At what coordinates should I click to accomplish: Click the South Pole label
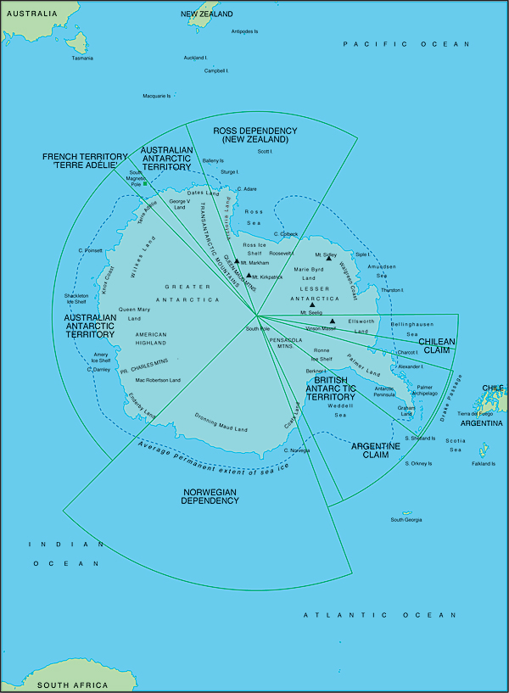tap(258, 328)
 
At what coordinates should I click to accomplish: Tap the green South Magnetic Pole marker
tap(145, 183)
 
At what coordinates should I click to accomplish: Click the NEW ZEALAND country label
tap(207, 14)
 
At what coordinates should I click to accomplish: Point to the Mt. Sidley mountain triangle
tap(329, 257)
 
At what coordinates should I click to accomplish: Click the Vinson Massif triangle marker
tap(332, 321)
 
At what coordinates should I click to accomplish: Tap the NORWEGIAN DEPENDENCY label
tap(209, 496)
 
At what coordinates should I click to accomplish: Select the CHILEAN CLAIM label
tap(437, 345)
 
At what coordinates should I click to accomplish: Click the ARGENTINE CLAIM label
tap(376, 450)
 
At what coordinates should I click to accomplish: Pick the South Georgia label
tap(406, 520)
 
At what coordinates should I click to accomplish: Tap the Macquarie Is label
tap(157, 96)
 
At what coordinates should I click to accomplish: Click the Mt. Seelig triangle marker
tap(312, 305)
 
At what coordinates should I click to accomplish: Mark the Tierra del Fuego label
tap(475, 413)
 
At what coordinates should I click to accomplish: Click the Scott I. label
tap(265, 152)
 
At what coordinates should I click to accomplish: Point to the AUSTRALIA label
tap(30, 14)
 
